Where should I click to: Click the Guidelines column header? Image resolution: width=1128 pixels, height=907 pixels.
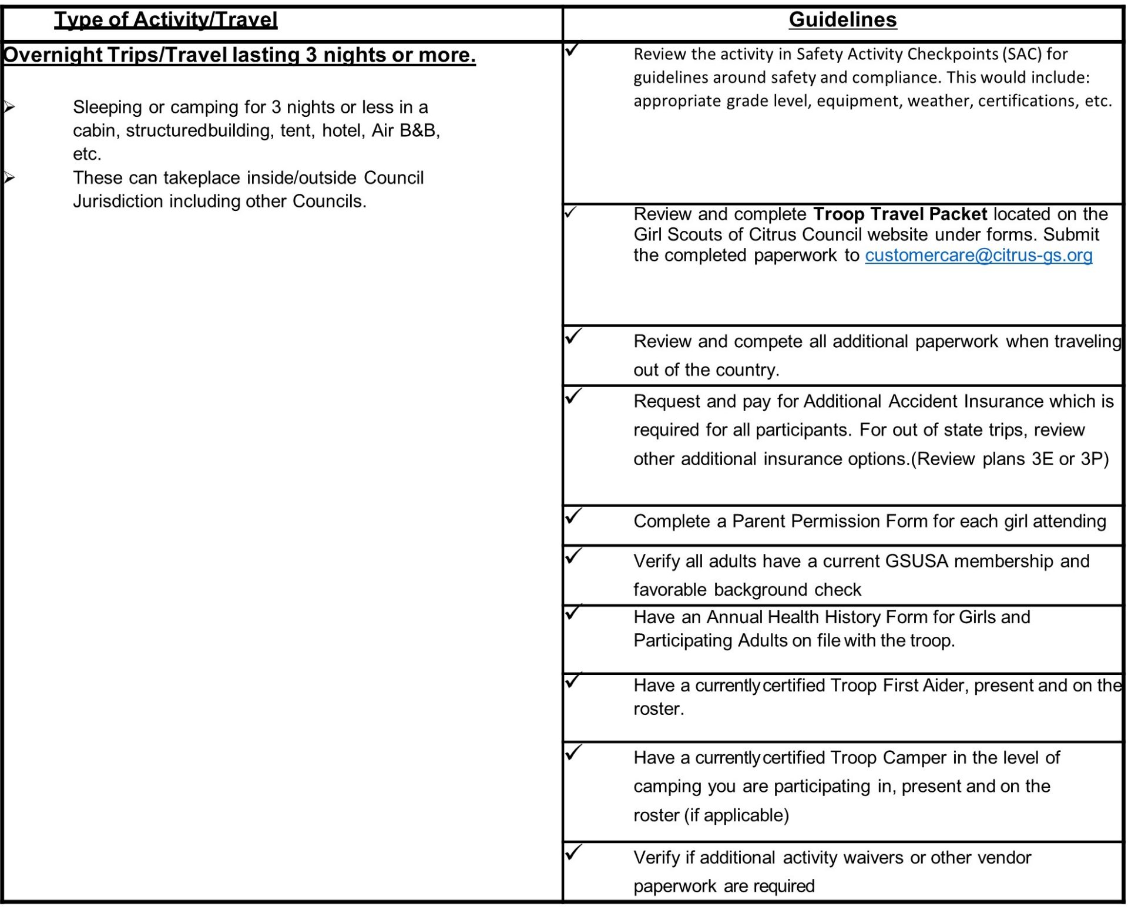(x=842, y=20)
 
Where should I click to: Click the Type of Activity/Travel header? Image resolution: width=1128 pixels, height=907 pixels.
(x=166, y=20)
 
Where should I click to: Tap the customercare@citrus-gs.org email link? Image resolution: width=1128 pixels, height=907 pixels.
(x=978, y=256)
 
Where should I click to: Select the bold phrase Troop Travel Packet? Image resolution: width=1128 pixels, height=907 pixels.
(x=900, y=214)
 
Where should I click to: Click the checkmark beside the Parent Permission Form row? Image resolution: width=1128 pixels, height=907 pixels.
(x=573, y=516)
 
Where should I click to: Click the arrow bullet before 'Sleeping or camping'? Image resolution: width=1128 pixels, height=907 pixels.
(x=9, y=107)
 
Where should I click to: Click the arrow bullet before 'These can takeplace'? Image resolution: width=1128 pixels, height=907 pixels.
(x=9, y=177)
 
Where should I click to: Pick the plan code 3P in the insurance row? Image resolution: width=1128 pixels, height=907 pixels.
(x=1095, y=459)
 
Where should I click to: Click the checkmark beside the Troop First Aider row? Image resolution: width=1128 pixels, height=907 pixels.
(x=573, y=681)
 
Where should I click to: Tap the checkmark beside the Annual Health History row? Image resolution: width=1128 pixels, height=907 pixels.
(x=573, y=613)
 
